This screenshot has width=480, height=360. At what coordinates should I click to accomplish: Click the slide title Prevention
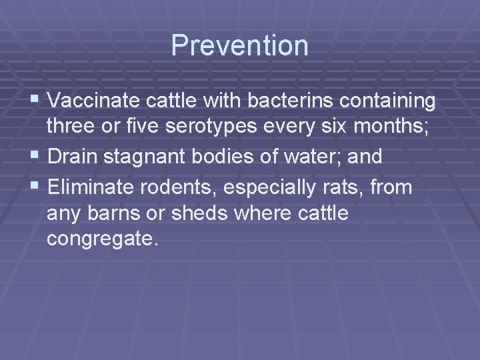pos(240,45)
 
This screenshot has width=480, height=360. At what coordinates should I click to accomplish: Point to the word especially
pos(275,189)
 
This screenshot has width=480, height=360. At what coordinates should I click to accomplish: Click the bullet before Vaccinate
pos(37,101)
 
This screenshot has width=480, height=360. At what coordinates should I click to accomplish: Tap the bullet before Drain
pos(37,157)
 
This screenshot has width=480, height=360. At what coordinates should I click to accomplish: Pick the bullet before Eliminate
pos(37,187)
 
